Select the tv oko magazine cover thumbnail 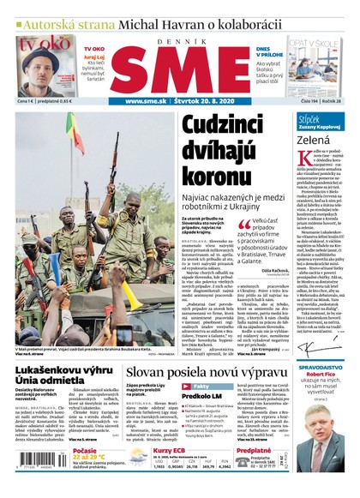point(45,66)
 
